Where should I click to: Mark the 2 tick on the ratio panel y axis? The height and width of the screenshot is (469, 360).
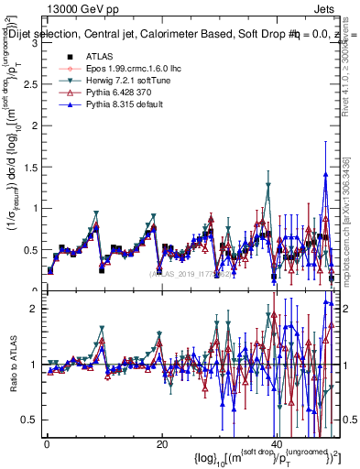pyautogui.click(x=35, y=309)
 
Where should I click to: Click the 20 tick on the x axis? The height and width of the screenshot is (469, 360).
pyautogui.click(x=161, y=443)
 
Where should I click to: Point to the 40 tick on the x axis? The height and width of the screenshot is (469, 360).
pyautogui.click(x=276, y=443)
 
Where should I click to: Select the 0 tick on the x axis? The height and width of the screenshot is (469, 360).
pyautogui.click(x=47, y=443)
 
